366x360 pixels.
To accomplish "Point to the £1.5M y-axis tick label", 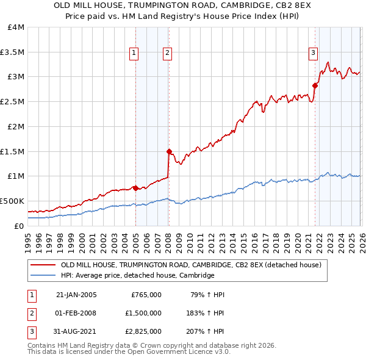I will point(12,151).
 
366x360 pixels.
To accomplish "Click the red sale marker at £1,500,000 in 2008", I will point(169,151).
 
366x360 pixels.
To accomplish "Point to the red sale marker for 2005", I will point(135,188).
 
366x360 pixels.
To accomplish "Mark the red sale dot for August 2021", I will point(315,85).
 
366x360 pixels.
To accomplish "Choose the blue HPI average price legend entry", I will point(137,276).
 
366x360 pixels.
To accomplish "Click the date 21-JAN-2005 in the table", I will point(76,295).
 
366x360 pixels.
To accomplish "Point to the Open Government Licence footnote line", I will point(129,353).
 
